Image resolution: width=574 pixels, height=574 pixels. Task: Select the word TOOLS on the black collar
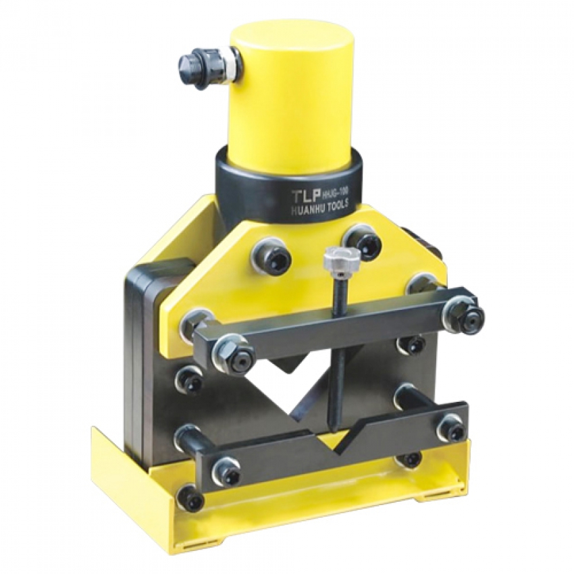pyautogui.click(x=338, y=208)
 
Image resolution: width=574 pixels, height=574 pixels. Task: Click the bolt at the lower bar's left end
pyautogui.click(x=227, y=471)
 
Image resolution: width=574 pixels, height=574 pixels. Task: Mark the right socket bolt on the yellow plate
pyautogui.click(x=363, y=242)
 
